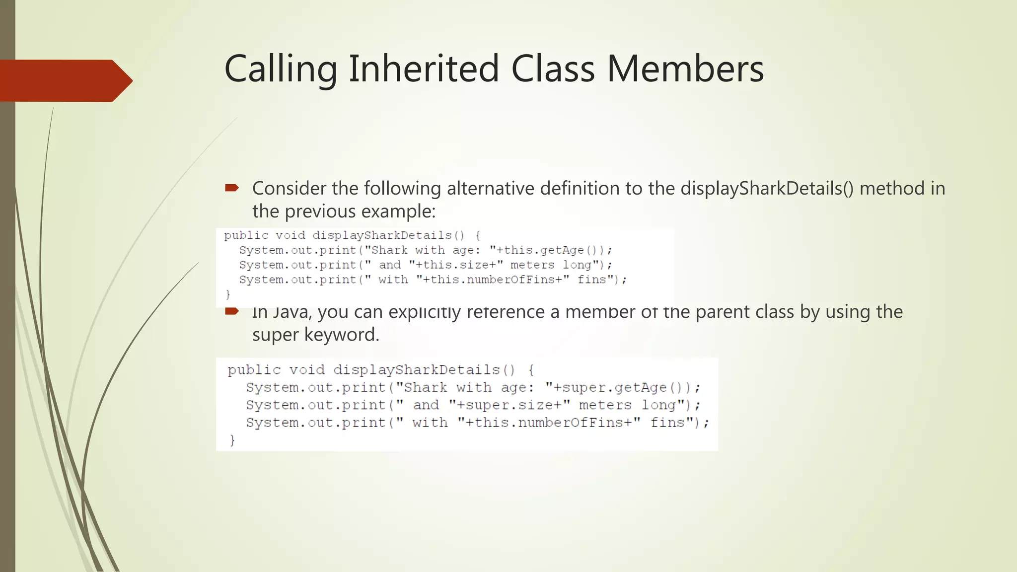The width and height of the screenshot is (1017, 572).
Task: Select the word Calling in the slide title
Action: pyautogui.click(x=281, y=70)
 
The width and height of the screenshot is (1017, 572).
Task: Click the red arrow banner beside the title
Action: pyautogui.click(x=65, y=80)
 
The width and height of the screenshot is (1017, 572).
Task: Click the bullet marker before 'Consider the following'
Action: pyautogui.click(x=232, y=188)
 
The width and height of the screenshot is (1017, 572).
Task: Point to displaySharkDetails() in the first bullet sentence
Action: pyautogui.click(x=767, y=189)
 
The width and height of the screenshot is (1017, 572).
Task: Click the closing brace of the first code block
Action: pyautogui.click(x=228, y=294)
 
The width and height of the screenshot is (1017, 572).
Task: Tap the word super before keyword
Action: pyautogui.click(x=275, y=335)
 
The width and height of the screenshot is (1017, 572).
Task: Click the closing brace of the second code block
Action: pyautogui.click(x=232, y=440)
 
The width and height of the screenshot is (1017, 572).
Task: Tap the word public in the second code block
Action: pyautogui.click(x=254, y=370)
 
